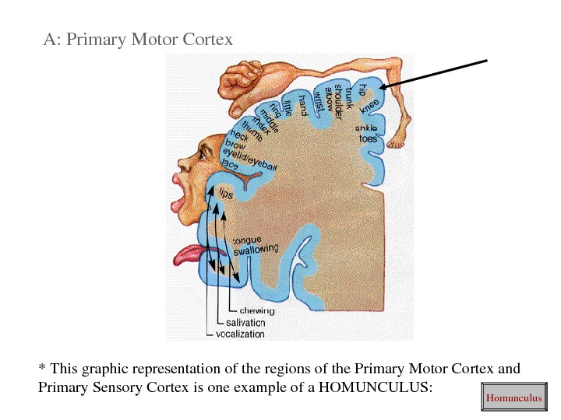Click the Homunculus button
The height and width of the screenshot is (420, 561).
click(513, 398)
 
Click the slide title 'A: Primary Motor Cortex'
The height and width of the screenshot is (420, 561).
click(138, 38)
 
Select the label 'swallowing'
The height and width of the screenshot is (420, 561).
click(256, 249)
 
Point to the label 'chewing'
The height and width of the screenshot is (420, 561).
click(256, 311)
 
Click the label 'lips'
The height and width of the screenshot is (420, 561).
click(225, 193)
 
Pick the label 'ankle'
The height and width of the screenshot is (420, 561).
click(367, 128)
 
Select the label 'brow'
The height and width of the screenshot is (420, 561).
click(235, 145)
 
